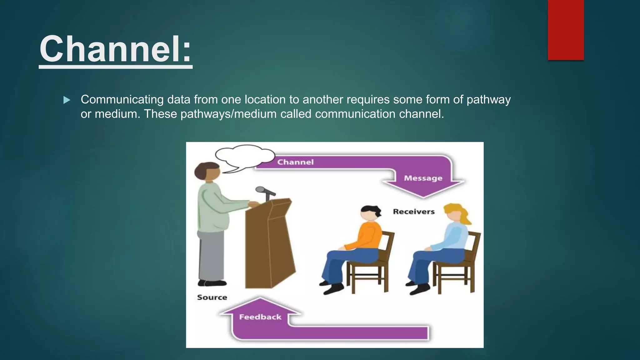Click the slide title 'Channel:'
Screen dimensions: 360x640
(x=115, y=49)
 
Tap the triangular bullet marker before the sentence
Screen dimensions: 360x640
(x=67, y=100)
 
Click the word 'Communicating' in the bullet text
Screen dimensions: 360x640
(x=122, y=100)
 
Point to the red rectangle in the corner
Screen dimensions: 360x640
(x=566, y=30)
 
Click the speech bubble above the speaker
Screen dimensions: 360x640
(x=244, y=155)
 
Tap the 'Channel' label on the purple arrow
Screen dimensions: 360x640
(x=295, y=162)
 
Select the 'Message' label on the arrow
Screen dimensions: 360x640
(x=423, y=178)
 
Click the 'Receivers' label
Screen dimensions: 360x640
(x=414, y=212)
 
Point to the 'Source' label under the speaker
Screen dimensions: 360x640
(x=212, y=297)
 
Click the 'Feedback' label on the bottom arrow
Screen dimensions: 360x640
(x=260, y=317)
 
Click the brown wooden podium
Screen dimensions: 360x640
(x=269, y=244)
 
